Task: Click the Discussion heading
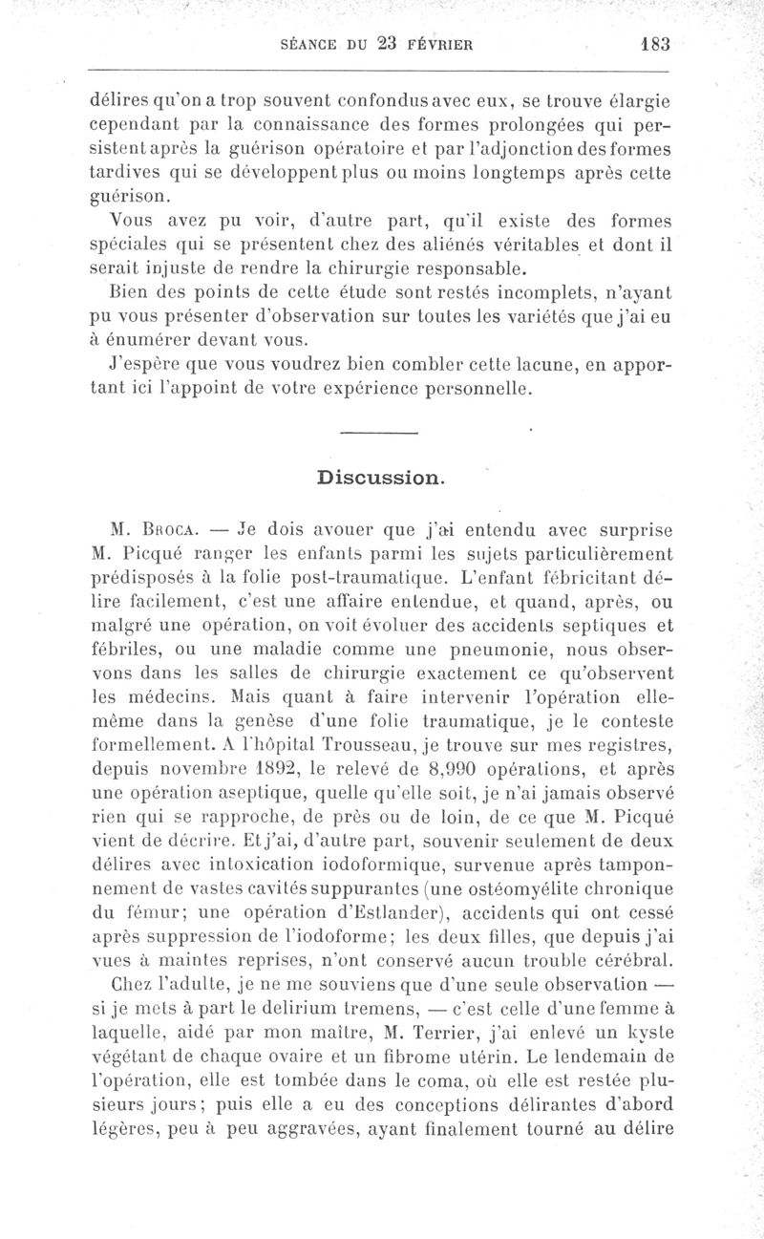pos(381,477)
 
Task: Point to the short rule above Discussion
pos(379,436)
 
